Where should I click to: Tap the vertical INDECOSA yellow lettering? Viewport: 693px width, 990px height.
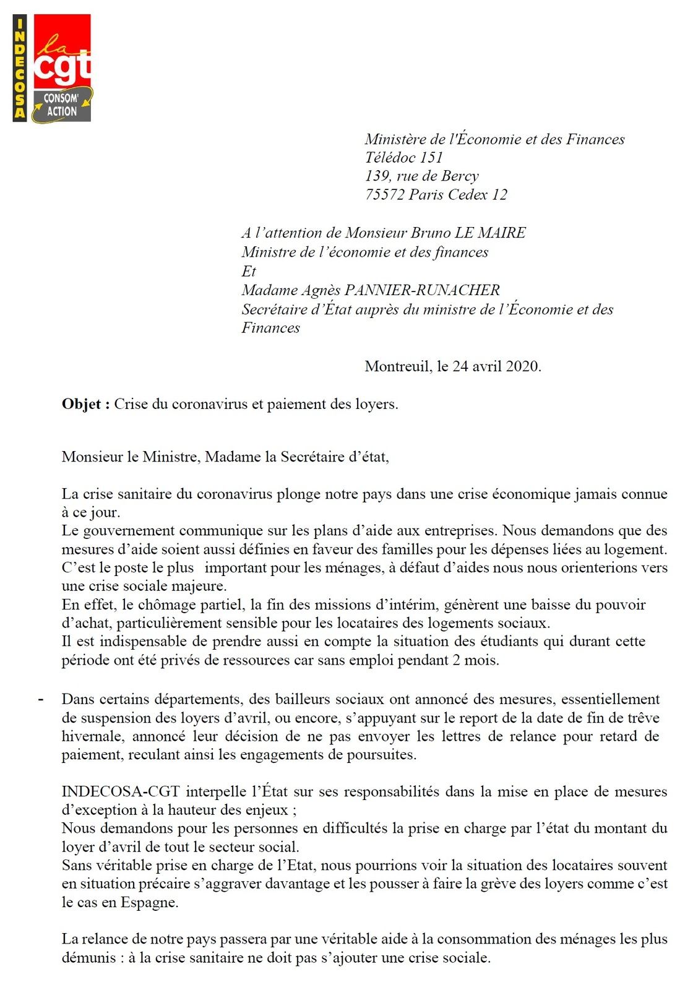(20, 68)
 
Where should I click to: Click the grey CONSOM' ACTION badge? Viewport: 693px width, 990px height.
(62, 105)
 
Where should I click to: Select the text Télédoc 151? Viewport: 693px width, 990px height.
(404, 158)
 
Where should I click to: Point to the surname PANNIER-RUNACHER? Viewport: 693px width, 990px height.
(422, 290)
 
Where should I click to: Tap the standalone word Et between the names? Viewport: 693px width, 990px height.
(249, 272)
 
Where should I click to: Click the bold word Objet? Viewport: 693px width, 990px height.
(82, 405)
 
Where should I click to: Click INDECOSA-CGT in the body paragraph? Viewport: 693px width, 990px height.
(121, 791)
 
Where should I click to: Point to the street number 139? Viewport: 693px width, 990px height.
(377, 176)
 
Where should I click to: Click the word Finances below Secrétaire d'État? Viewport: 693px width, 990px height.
(270, 328)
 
